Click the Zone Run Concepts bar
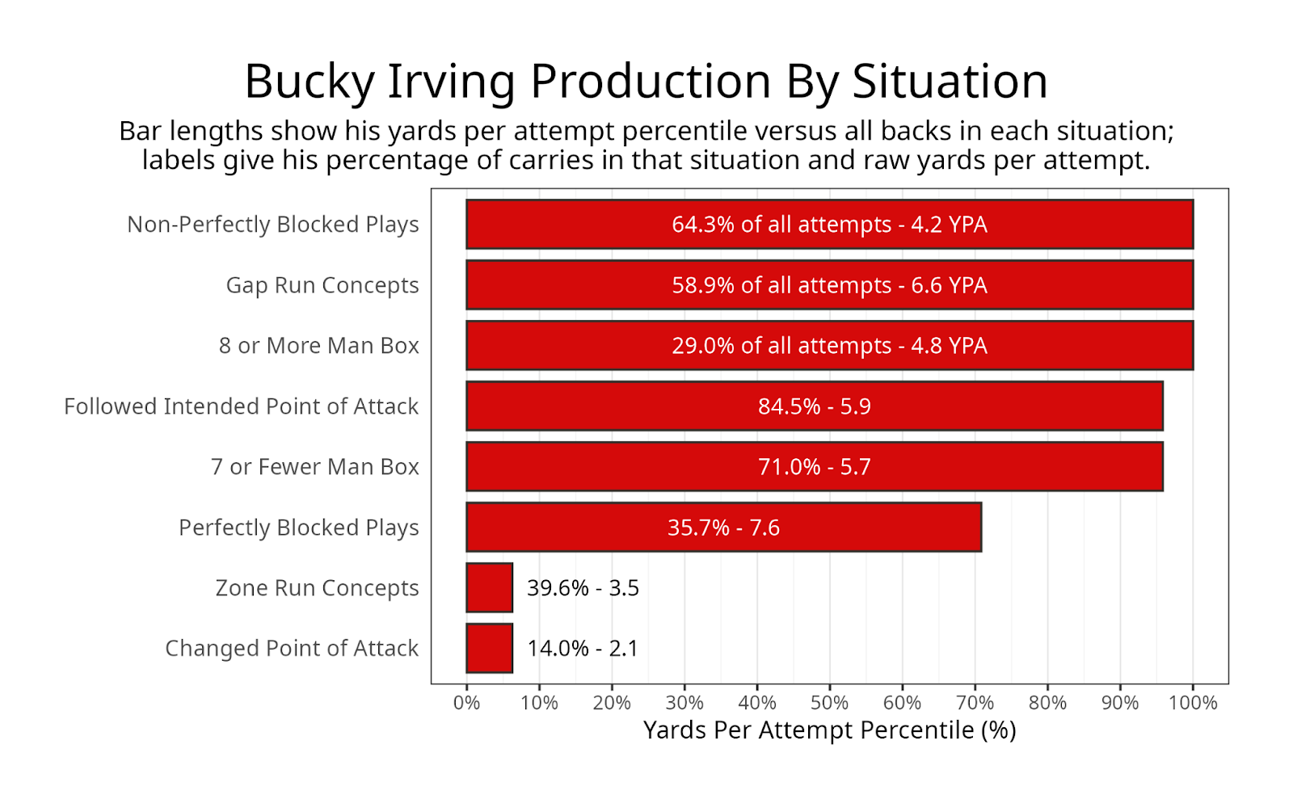coord(490,587)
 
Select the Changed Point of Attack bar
coord(490,648)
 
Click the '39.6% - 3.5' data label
coord(583,588)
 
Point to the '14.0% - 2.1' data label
coord(583,649)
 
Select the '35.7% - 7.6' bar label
coord(723,528)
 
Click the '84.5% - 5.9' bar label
coord(815,406)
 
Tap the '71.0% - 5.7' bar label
coord(815,467)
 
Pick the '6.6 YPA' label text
coord(949,285)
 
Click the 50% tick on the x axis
coord(829,703)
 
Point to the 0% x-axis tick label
coord(466,703)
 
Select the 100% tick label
coord(1193,703)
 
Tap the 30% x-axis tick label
coord(684,703)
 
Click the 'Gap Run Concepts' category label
coord(322,285)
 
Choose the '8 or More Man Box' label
coord(319,346)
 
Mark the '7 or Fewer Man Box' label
coord(315,467)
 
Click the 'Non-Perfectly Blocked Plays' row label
coord(273,225)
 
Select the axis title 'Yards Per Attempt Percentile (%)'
coord(829,730)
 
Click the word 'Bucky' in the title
coord(310,82)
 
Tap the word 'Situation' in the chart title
coord(950,82)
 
